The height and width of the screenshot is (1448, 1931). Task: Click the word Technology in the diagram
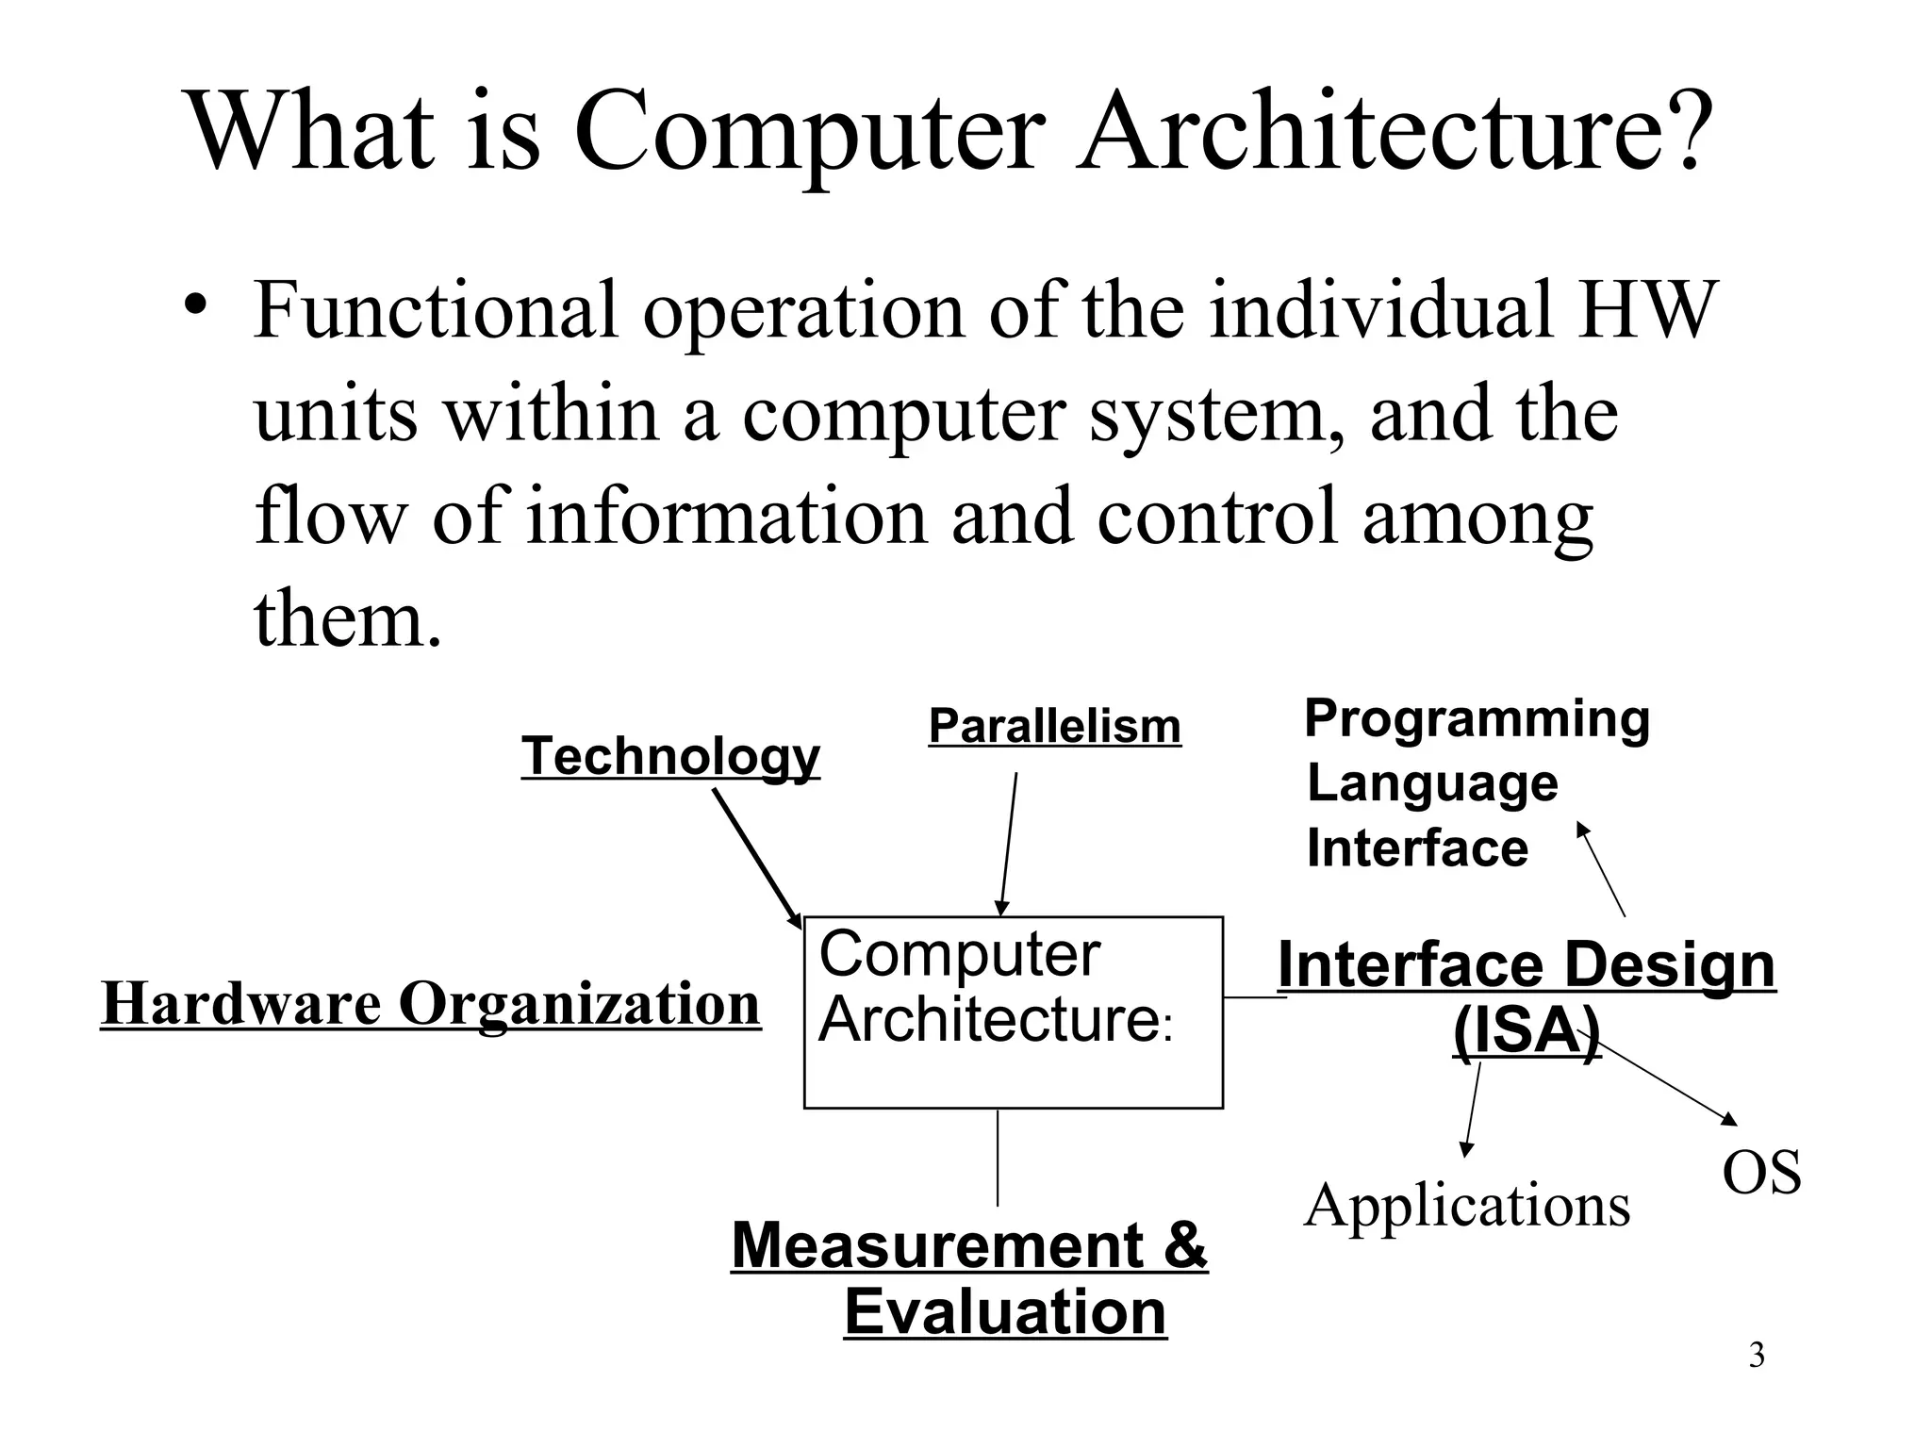(670, 756)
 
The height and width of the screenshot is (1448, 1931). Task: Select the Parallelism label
(1054, 727)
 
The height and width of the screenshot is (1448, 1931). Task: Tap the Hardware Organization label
(430, 1003)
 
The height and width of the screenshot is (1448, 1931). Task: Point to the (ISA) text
(1526, 1032)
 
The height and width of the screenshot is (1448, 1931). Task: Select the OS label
(1761, 1173)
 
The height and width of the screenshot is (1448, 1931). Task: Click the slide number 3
(1757, 1356)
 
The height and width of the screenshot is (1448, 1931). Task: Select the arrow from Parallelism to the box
(1009, 844)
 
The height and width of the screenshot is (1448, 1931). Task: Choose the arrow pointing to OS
(1664, 1079)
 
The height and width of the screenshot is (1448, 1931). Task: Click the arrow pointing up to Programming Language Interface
(1601, 869)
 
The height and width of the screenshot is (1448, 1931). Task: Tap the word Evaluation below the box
(1005, 1311)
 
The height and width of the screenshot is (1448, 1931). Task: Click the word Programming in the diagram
(1477, 718)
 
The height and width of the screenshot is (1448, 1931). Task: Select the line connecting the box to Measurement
(998, 1158)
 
